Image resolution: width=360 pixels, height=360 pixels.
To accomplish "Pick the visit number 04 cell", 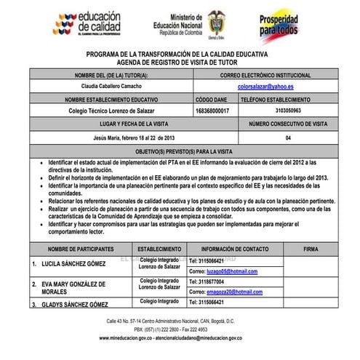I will coord(289,136).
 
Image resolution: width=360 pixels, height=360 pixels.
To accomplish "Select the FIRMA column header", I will coord(310,248).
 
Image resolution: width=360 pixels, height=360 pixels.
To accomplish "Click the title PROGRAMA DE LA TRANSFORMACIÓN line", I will coord(177,55).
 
